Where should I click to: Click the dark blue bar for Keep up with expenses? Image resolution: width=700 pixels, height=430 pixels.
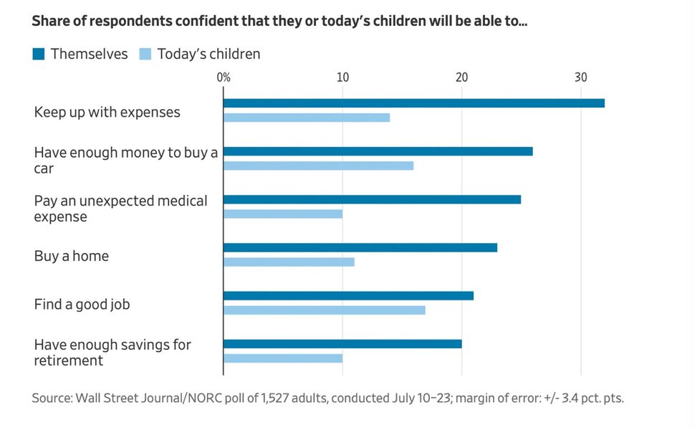click(413, 103)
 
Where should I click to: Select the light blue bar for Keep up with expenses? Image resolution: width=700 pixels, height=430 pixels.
click(307, 118)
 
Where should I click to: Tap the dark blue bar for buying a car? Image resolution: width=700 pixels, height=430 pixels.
click(378, 151)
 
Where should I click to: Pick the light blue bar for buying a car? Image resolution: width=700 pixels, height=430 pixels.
click(318, 166)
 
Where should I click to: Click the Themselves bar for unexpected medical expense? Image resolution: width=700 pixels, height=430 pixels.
click(372, 199)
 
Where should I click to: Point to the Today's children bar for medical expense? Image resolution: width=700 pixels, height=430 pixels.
click(283, 214)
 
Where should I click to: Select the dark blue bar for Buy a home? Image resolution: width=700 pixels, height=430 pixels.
click(360, 247)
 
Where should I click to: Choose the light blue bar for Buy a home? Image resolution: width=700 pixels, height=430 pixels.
click(289, 262)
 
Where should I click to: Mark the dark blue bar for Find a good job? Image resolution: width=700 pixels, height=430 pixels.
click(348, 295)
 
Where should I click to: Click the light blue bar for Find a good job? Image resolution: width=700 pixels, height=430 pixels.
click(325, 310)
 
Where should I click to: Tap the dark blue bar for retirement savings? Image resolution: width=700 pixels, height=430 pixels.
click(342, 343)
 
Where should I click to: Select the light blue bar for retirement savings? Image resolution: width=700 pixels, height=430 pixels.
click(283, 358)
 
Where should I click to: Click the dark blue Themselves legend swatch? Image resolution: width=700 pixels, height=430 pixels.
click(39, 54)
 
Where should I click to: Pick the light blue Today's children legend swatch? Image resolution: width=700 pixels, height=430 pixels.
click(145, 54)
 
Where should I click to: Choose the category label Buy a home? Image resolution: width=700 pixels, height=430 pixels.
click(72, 256)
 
